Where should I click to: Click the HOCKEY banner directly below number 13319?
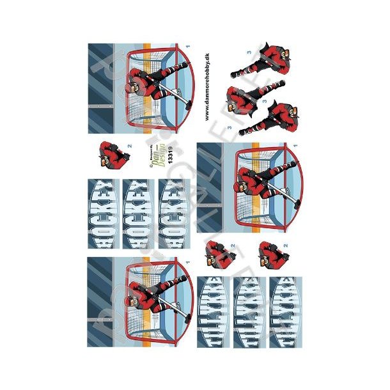point(172,214)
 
